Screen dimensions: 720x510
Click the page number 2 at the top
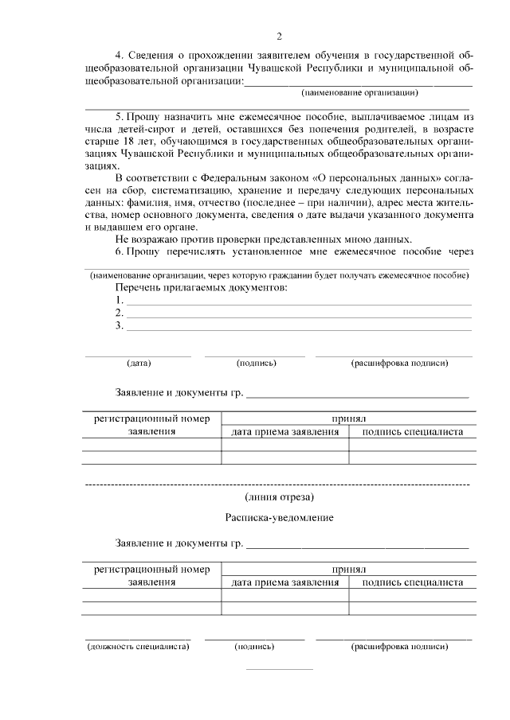279,37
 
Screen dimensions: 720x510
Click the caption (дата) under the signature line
139,363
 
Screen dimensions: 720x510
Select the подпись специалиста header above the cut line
412,432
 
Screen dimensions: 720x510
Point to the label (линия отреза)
280,498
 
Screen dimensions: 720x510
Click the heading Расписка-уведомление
279,518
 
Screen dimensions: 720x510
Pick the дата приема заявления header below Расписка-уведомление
284,582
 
